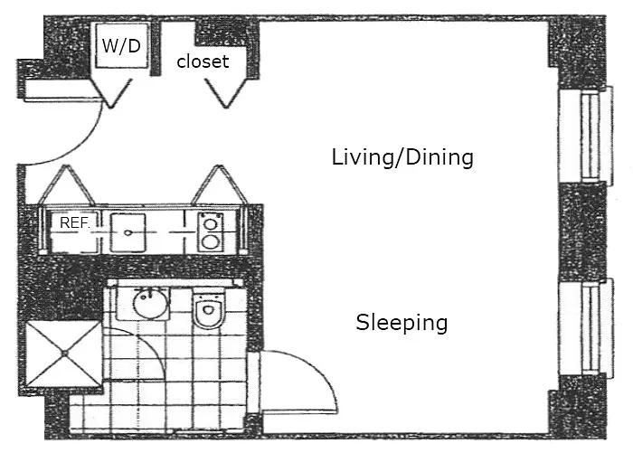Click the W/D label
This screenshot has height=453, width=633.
point(120,46)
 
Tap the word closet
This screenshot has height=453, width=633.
point(203,62)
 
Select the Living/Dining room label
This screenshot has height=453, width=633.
point(402,157)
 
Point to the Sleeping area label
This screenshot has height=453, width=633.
point(402,322)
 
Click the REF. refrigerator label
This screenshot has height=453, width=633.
point(73,222)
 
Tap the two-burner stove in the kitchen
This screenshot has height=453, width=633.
point(212,232)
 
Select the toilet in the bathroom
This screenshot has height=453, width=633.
point(208,312)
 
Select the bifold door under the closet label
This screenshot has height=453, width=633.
point(222,90)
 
